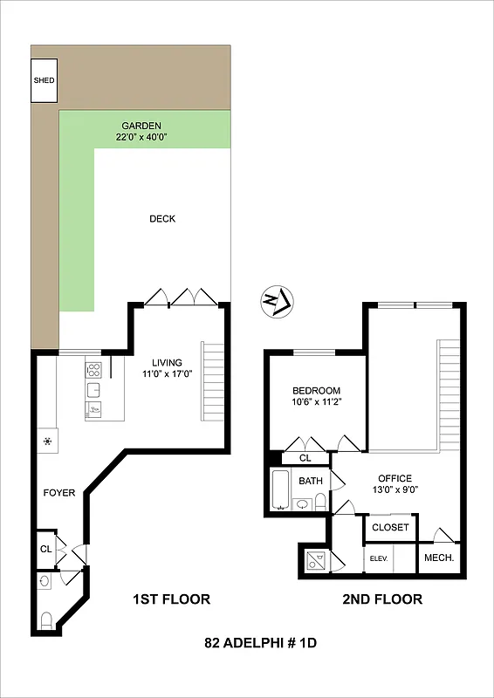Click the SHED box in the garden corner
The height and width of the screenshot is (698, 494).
44,80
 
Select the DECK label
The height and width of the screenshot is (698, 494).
162,219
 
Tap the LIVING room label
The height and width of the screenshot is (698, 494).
167,363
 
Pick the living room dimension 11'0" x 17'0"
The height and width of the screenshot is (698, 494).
167,374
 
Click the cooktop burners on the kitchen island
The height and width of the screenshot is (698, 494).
94,367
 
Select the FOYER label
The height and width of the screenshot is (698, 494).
59,493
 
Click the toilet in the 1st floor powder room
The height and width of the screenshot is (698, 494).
47,620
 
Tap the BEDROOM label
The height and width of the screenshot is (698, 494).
316,391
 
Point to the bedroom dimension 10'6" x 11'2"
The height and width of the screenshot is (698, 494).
316,402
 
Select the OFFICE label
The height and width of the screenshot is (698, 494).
394,478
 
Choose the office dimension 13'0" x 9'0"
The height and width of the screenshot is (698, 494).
394,489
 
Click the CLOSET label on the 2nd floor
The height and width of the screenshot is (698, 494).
390,527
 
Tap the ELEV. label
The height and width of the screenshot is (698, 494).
378,558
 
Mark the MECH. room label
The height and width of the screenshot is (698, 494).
437,558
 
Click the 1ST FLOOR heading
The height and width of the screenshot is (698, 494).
171,599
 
